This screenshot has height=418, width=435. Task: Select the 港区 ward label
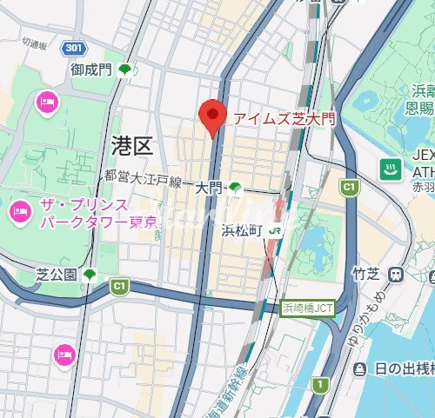point(131,145)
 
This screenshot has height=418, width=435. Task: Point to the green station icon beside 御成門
point(125,69)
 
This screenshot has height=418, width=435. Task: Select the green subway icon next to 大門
point(234,187)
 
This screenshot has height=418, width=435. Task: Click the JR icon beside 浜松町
point(276,230)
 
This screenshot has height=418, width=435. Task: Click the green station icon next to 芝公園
point(90,275)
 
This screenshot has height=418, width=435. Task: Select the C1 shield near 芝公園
point(119,284)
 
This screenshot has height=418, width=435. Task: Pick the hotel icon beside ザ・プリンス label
point(18,211)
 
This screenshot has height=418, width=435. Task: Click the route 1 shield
point(322,384)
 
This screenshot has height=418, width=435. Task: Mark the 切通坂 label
point(37,42)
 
